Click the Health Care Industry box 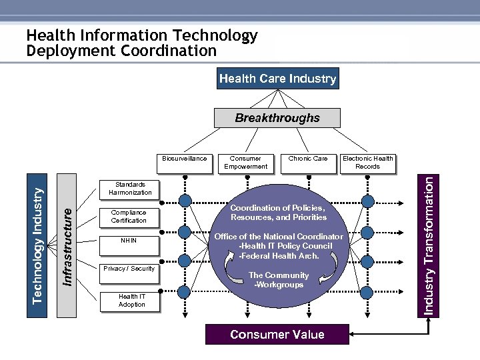(x=277, y=79)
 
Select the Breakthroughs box (x=277, y=118)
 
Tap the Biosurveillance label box (x=185, y=159)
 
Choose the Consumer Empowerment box (x=245, y=163)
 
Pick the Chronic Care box (x=307, y=159)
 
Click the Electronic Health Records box (x=367, y=163)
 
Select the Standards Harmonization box (x=129, y=189)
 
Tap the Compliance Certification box (x=129, y=216)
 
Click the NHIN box (x=129, y=241)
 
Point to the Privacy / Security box (x=129, y=269)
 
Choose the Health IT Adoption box (x=131, y=301)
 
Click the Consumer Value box (x=277, y=335)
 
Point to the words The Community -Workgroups (x=279, y=280)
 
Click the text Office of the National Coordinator (x=279, y=237)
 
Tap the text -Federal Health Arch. (x=279, y=256)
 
